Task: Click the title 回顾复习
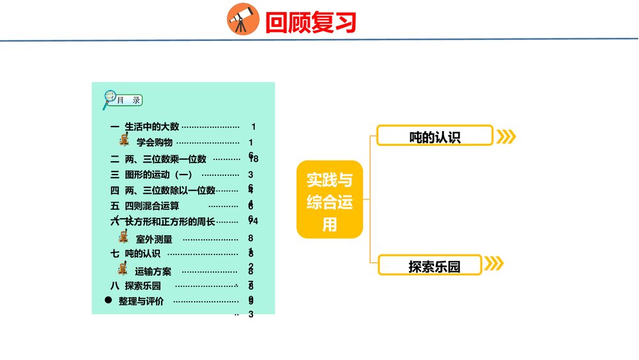[310, 22]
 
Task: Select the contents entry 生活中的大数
[152, 127]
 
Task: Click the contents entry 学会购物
[155, 143]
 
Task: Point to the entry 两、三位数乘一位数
[166, 159]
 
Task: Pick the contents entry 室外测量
[154, 239]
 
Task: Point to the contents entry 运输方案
[153, 271]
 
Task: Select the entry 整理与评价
[141, 301]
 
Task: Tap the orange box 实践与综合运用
[330, 200]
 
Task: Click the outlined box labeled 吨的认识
[435, 136]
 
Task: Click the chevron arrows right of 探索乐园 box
[493, 264]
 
